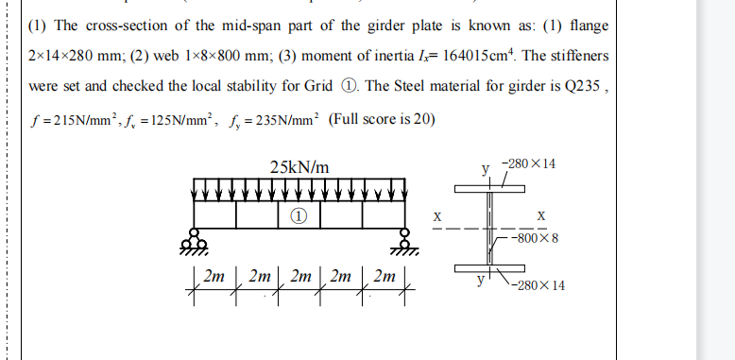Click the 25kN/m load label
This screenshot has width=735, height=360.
pos(299,167)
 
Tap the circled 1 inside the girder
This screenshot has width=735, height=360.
pos(299,215)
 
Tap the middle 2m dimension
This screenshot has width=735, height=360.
pos(299,278)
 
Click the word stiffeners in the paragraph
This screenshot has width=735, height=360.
pos(581,56)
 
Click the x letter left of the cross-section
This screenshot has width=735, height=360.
pos(436,215)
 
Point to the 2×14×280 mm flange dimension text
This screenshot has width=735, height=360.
pos(75,56)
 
